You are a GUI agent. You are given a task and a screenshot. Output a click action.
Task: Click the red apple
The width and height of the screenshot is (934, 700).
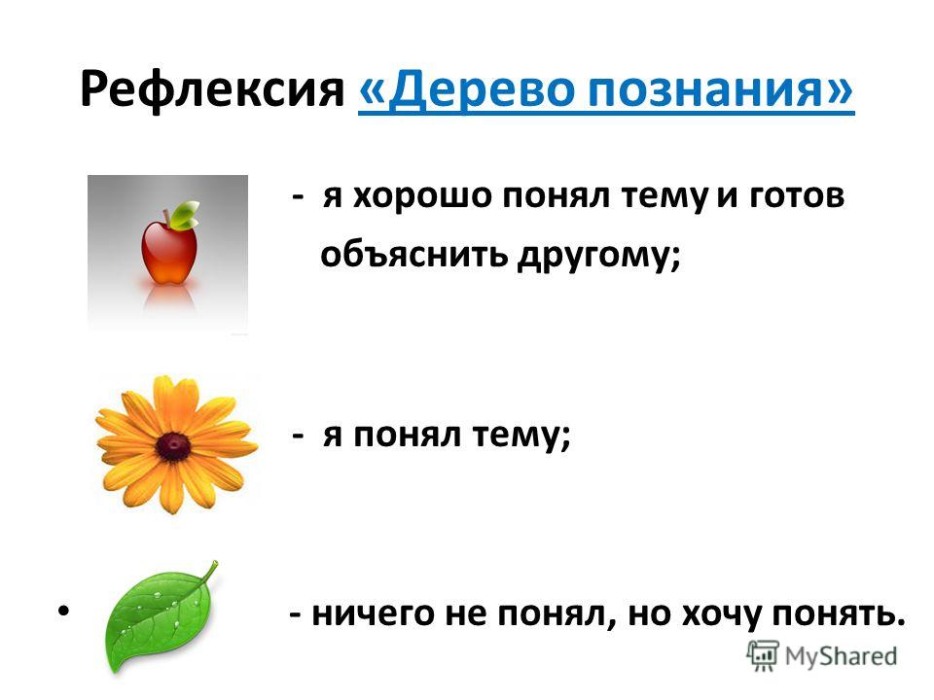[169, 251]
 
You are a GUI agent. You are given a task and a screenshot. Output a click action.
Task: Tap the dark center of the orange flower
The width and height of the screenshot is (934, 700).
[173, 446]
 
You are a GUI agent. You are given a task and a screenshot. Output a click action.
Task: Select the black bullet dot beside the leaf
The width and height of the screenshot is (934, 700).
[64, 611]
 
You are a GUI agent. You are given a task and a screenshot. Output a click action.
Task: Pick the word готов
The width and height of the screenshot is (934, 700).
[797, 195]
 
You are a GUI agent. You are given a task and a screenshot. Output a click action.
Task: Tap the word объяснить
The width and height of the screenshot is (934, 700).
[414, 256]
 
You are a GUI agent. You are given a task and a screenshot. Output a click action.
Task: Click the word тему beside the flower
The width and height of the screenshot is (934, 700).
[518, 437]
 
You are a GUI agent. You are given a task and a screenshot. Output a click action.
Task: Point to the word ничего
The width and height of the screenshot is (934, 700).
[374, 614]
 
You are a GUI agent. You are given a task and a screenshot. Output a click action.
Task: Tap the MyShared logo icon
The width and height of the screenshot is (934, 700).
[763, 655]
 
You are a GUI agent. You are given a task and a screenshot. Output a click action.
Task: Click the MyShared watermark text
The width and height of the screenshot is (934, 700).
[841, 656]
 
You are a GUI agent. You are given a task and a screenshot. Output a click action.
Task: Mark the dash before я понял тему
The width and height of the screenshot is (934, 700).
[299, 437]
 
